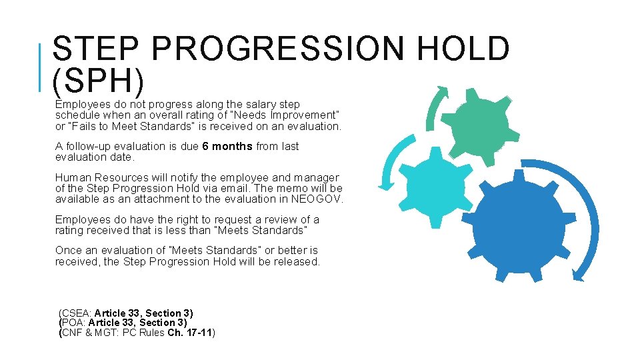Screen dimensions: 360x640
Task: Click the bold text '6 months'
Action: click(x=227, y=147)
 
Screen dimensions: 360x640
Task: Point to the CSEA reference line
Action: click(x=126, y=313)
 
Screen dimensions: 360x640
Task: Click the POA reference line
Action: click(x=123, y=323)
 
